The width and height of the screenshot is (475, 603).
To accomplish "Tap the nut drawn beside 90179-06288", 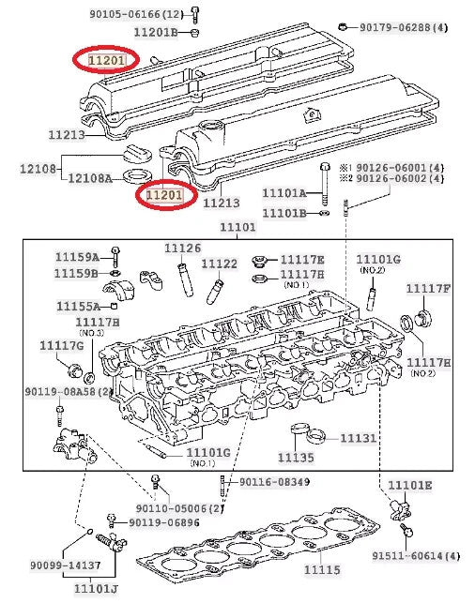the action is pyautogui.click(x=343, y=26).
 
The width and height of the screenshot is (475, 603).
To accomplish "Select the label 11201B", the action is pyautogui.click(x=156, y=32).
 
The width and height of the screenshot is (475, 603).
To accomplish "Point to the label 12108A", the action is pyautogui.click(x=90, y=178).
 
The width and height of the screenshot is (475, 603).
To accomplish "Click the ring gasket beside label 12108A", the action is pyautogui.click(x=135, y=176).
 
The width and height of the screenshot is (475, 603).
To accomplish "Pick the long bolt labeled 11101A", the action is pyautogui.click(x=325, y=184).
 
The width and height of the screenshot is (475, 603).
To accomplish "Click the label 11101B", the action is pyautogui.click(x=284, y=213).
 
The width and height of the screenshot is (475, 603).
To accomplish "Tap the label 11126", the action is pyautogui.click(x=183, y=249).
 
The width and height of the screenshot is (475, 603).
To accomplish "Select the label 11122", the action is pyautogui.click(x=220, y=264).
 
